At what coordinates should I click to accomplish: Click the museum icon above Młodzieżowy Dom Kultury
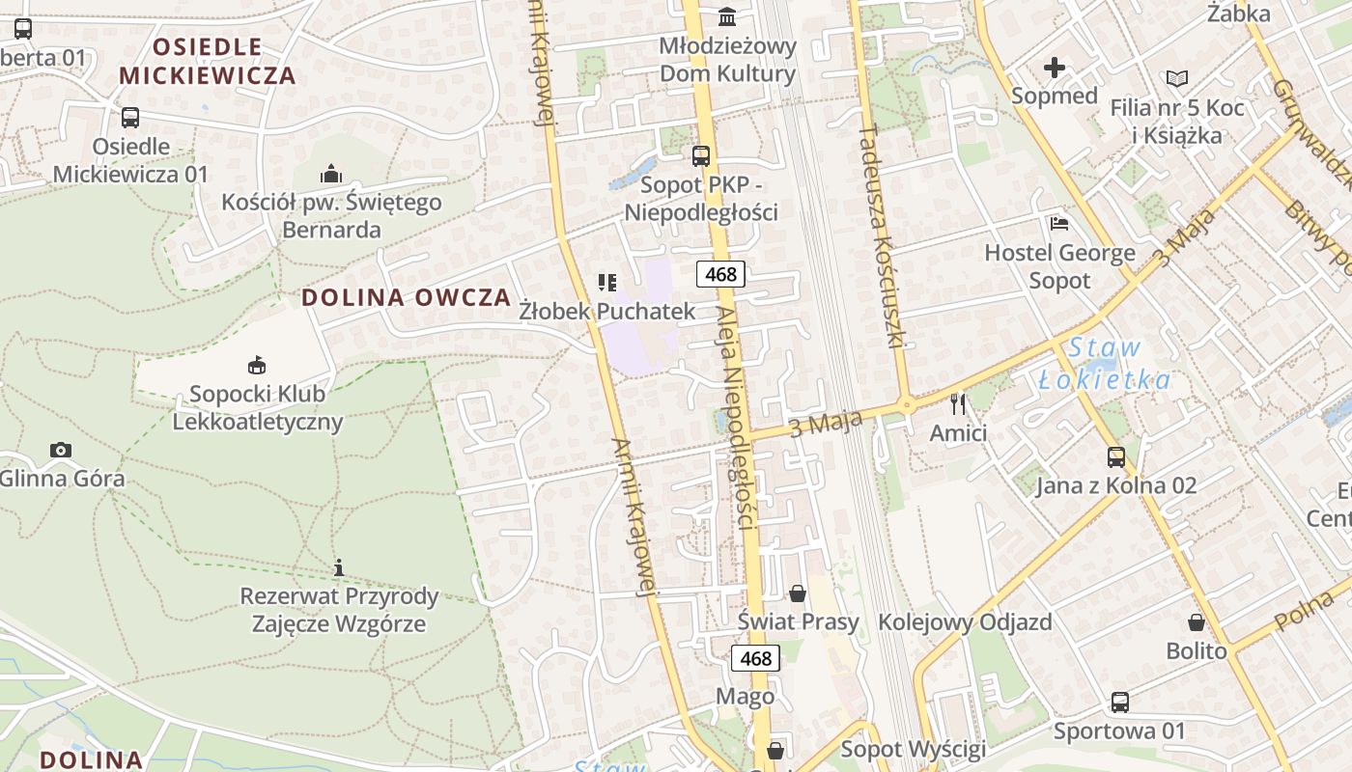pyautogui.click(x=727, y=17)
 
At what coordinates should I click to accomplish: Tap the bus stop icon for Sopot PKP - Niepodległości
pyautogui.click(x=701, y=155)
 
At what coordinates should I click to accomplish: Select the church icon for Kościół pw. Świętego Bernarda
pyautogui.click(x=331, y=174)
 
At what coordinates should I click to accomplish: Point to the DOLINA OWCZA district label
pyautogui.click(x=407, y=297)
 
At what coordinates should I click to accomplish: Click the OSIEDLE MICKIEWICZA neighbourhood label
pyautogui.click(x=207, y=61)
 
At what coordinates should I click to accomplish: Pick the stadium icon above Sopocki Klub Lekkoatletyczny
pyautogui.click(x=257, y=365)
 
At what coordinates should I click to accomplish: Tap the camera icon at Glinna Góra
pyautogui.click(x=61, y=450)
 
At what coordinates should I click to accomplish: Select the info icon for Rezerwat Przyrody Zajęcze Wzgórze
pyautogui.click(x=338, y=567)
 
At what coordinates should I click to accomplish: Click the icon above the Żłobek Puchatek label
pyautogui.click(x=607, y=283)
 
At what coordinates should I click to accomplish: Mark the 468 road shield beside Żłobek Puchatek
pyautogui.click(x=720, y=274)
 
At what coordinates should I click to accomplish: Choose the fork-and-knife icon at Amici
pyautogui.click(x=958, y=404)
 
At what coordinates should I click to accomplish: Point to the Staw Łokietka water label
pyautogui.click(x=1106, y=364)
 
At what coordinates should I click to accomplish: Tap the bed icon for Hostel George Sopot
pyautogui.click(x=1059, y=225)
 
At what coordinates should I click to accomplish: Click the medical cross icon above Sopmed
pyautogui.click(x=1055, y=68)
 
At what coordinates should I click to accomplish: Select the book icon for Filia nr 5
pyautogui.click(x=1176, y=79)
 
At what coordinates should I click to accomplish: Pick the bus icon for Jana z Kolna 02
pyautogui.click(x=1116, y=456)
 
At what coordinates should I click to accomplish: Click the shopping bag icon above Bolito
pyautogui.click(x=1197, y=622)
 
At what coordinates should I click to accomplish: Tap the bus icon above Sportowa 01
pyautogui.click(x=1119, y=703)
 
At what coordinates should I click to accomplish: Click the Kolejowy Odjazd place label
pyautogui.click(x=965, y=621)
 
